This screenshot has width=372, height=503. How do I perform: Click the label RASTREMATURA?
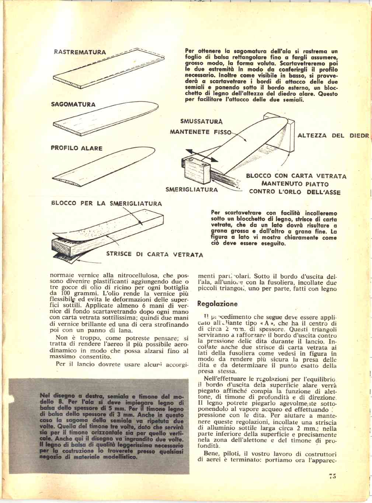pyautogui.click(x=80, y=52)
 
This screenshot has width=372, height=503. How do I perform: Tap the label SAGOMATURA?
pyautogui.click(x=73, y=104)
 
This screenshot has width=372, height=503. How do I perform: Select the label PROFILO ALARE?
pyautogui.click(x=76, y=148)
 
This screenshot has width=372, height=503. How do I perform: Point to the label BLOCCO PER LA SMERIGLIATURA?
pyautogui.click(x=106, y=203)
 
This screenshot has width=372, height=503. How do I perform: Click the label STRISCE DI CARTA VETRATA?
pyautogui.click(x=154, y=254)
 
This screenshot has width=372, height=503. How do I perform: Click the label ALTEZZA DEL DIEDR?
pyautogui.click(x=333, y=135)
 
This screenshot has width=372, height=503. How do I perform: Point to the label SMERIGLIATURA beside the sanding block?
pyautogui.click(x=192, y=190)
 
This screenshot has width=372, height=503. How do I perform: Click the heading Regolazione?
pyautogui.click(x=218, y=304)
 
